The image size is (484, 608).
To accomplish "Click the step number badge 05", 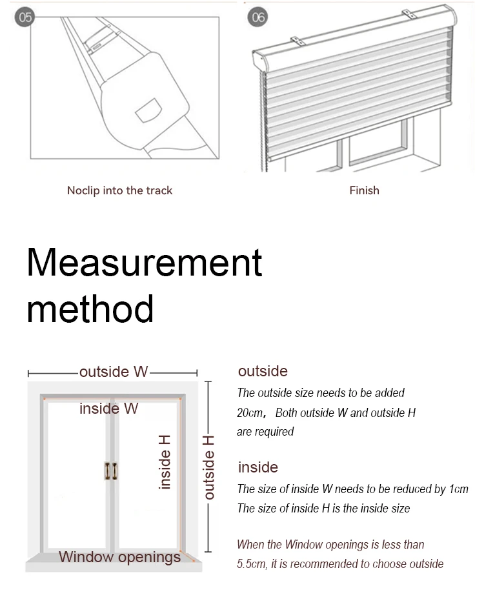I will (x=25, y=17).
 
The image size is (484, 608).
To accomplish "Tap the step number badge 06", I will (x=258, y=17).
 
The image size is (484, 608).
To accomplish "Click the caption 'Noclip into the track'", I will (x=119, y=190).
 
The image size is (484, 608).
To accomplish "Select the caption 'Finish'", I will (x=364, y=190).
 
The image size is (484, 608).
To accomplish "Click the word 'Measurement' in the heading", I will (x=145, y=263).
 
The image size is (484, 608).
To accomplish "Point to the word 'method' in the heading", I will (x=90, y=308).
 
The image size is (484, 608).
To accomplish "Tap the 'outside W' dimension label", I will (x=114, y=372).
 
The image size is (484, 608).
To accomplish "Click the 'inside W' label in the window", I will (x=108, y=409).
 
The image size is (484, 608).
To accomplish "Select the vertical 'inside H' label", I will (x=165, y=461).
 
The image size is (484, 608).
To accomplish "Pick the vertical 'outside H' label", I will (x=209, y=467).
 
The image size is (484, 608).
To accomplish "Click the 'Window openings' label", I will (x=119, y=557).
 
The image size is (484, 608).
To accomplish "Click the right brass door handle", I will (x=116, y=471).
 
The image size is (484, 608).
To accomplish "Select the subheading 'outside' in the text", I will (x=263, y=371).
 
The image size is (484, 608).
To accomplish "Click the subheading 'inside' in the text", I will (x=258, y=467).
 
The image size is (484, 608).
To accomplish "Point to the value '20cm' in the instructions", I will (x=250, y=413).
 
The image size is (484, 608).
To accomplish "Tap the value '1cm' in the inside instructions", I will (x=459, y=489).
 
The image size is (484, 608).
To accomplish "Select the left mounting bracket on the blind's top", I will (x=297, y=39).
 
